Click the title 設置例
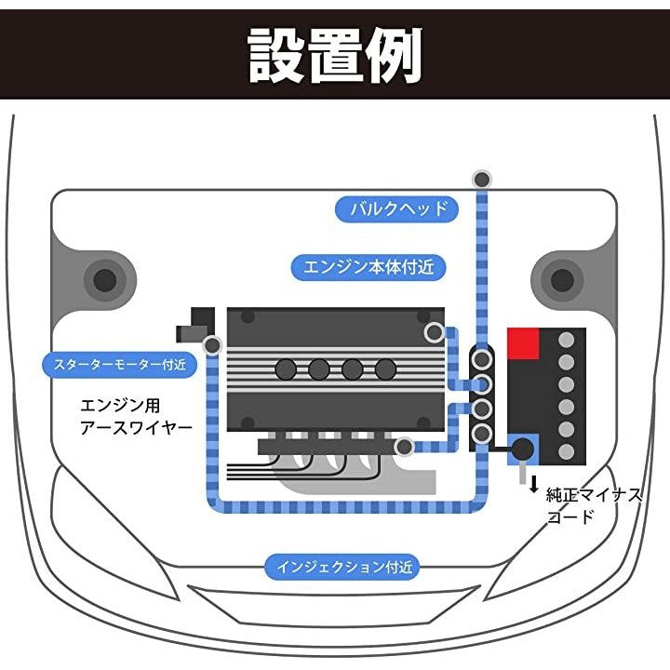tap(335, 55)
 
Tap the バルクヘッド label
tap(397, 208)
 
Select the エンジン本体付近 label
tap(368, 268)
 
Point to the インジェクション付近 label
tap(343, 565)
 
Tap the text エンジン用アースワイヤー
tap(136, 416)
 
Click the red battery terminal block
tap(524, 344)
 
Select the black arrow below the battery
tap(533, 485)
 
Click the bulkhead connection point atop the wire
tap(481, 180)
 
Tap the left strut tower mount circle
tap(105, 279)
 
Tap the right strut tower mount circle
tap(561, 279)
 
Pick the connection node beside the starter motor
tap(212, 346)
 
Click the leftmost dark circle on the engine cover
tap(286, 369)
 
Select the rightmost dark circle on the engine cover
tap(385, 369)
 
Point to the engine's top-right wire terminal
tap(434, 331)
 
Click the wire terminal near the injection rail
tap(404, 448)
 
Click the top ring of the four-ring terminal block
tap(482, 359)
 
